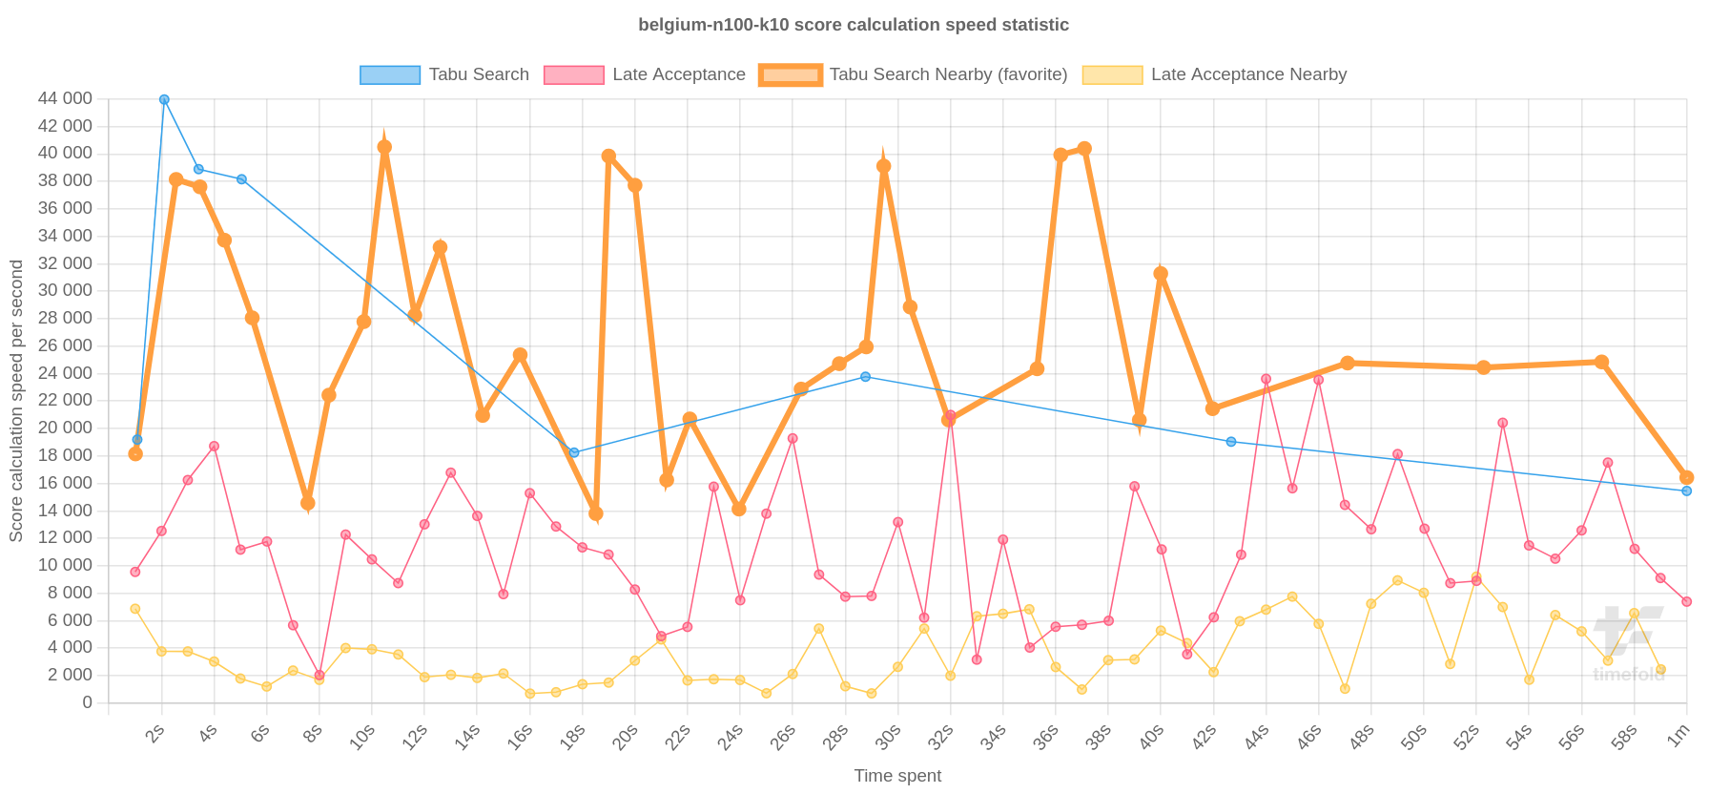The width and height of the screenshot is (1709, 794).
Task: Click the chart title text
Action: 854,25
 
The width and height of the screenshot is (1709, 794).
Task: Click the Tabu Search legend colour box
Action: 389,75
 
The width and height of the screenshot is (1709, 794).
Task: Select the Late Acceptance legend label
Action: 678,74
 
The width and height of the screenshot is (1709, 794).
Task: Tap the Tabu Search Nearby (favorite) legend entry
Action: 948,74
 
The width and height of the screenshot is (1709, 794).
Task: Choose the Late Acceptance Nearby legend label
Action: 1248,74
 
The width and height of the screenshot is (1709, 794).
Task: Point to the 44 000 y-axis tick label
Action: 65,98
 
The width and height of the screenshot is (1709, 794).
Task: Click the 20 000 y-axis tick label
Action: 65,428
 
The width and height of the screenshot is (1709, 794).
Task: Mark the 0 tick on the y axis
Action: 87,702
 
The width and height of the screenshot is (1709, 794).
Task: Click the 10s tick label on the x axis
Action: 362,737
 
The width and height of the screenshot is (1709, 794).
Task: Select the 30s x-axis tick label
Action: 888,737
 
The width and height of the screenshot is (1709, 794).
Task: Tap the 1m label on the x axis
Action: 1678,735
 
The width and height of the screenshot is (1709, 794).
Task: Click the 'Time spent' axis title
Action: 897,776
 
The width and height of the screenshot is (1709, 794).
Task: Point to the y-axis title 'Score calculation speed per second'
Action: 16,401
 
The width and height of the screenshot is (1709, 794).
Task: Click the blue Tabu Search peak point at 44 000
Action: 164,99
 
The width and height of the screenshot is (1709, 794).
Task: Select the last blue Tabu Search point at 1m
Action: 1686,491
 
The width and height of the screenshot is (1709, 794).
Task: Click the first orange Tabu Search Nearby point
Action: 135,454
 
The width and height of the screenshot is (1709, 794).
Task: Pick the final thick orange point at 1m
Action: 1686,477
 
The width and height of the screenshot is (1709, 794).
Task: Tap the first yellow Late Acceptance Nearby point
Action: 135,609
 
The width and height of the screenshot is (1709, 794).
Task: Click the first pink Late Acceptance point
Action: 135,572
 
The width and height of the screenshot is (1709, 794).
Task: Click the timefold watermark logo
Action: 1628,645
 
